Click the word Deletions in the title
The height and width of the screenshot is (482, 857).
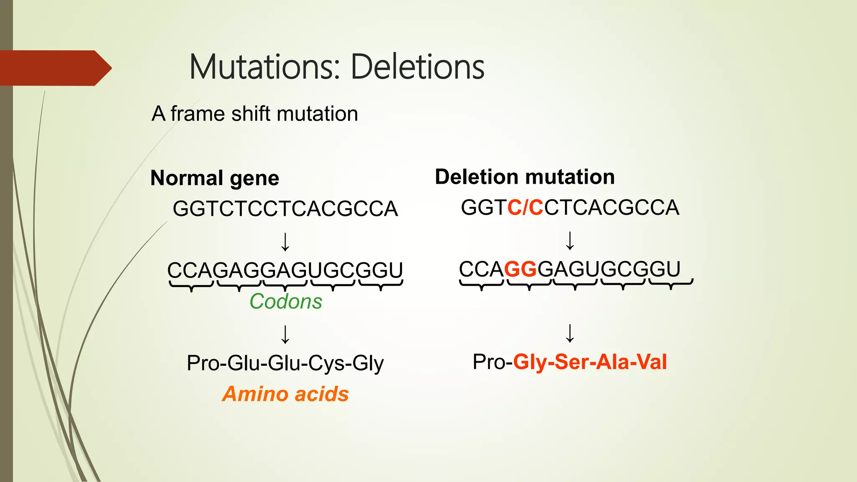(417, 67)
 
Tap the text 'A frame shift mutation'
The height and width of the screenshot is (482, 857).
(254, 114)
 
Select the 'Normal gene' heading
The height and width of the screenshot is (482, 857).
(215, 178)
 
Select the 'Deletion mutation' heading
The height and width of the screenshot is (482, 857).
(525, 177)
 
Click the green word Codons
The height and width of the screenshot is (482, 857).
(286, 301)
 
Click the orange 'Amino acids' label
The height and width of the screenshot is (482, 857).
(285, 394)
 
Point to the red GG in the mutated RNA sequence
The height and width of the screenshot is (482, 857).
(521, 269)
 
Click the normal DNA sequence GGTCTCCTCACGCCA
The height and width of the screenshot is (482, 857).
(285, 209)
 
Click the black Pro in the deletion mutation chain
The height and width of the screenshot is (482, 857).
(489, 362)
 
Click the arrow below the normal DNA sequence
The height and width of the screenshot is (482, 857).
(285, 242)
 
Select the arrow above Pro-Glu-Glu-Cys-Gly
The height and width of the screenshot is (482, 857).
(285, 334)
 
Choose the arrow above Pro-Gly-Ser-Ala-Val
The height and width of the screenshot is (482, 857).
(570, 333)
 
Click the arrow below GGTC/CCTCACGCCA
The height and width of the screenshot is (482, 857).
(570, 241)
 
